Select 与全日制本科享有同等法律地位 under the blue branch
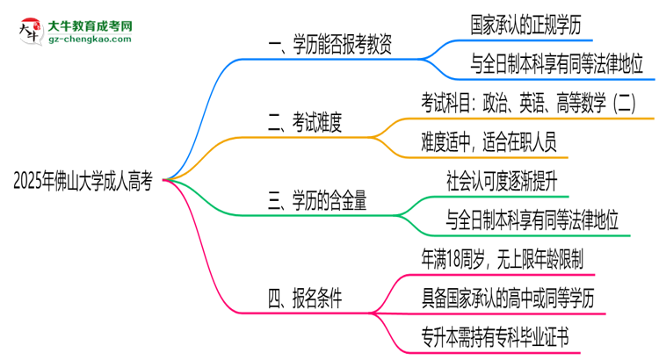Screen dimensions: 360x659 (x=546, y=62)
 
